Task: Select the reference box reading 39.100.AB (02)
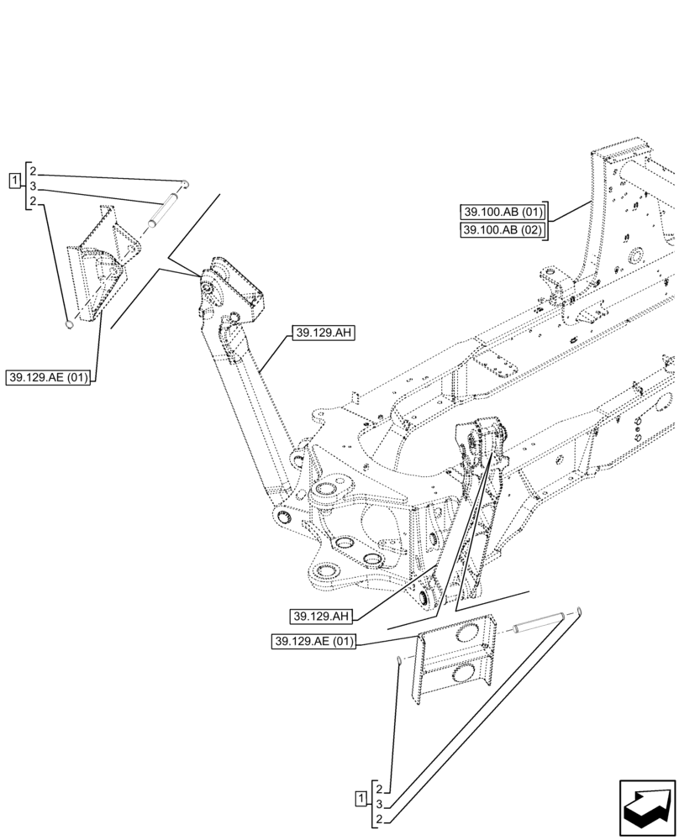coord(503,230)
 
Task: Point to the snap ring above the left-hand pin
coord(187,183)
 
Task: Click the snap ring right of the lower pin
coord(578,614)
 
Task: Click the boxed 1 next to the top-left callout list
coord(13,180)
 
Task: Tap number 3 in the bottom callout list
coord(380,804)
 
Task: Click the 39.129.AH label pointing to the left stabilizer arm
coord(324,333)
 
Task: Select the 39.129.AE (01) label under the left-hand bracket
coord(50,375)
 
